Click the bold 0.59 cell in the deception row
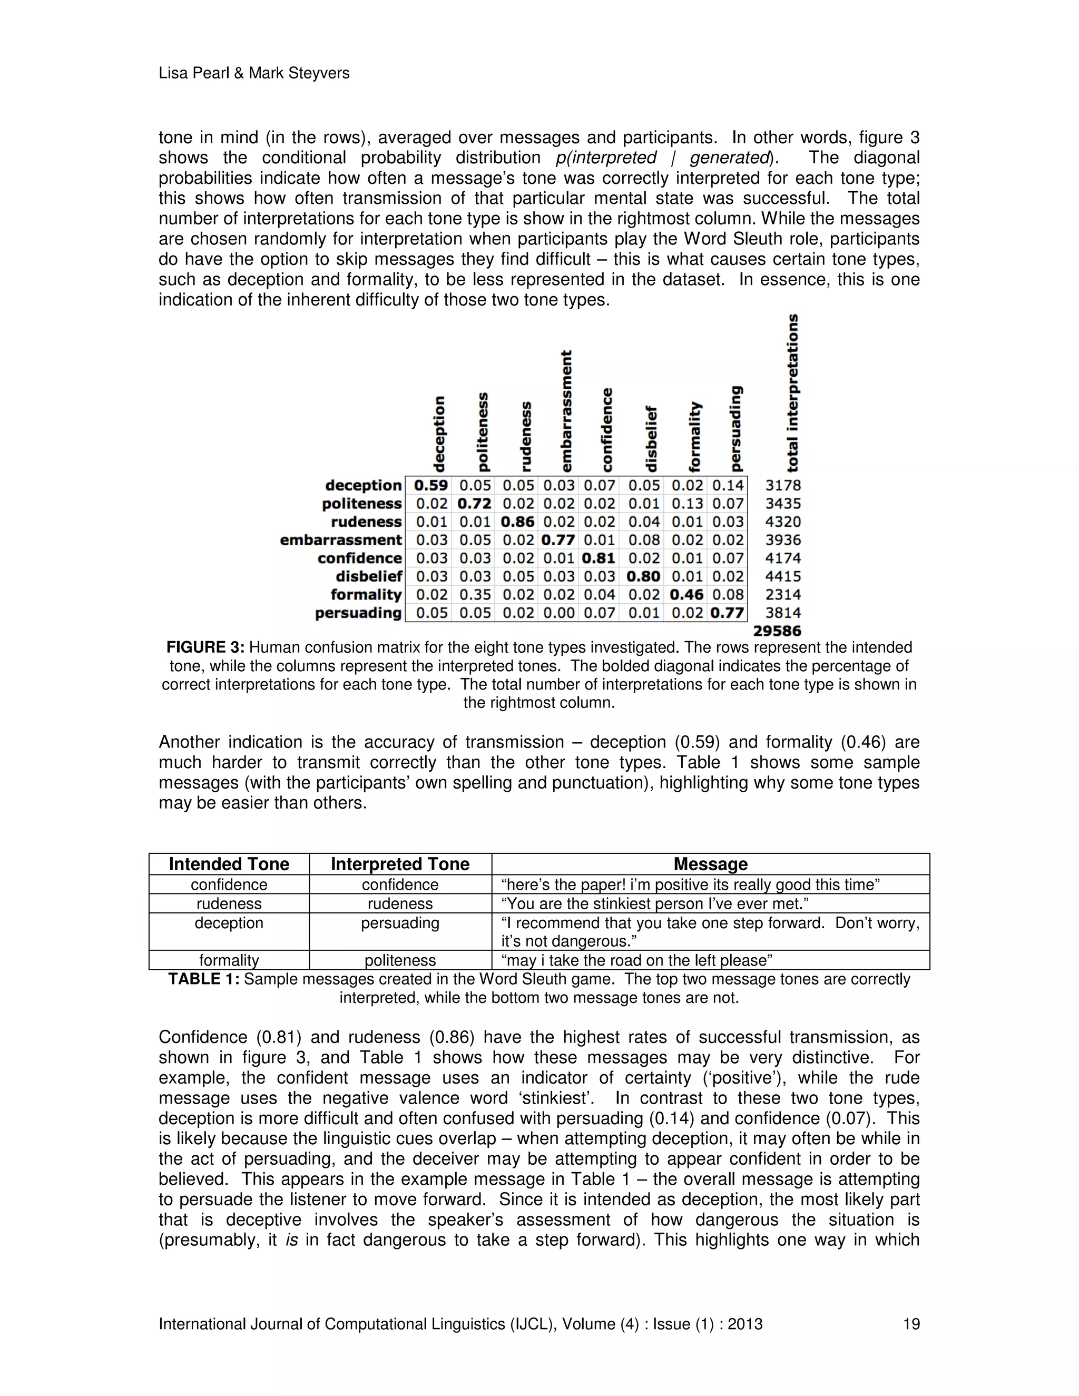tap(431, 485)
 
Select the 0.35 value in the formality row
tap(475, 594)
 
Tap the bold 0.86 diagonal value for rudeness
tap(518, 522)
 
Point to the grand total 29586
tap(777, 631)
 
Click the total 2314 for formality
tap(783, 594)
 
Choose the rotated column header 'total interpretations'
tap(792, 392)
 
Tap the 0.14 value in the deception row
tap(728, 485)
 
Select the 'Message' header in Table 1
tap(710, 864)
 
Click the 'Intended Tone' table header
tap(229, 864)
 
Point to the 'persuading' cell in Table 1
tap(400, 923)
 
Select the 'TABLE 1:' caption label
tap(204, 979)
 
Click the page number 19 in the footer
tap(911, 1324)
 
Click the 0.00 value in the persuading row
tap(558, 613)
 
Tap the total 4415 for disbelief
tap(783, 576)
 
